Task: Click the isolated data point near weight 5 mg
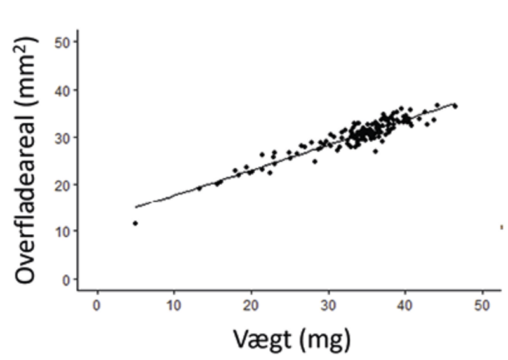coord(135,223)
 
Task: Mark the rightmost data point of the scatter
coord(455,106)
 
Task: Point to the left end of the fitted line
coord(136,206)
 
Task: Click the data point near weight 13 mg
coord(199,188)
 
